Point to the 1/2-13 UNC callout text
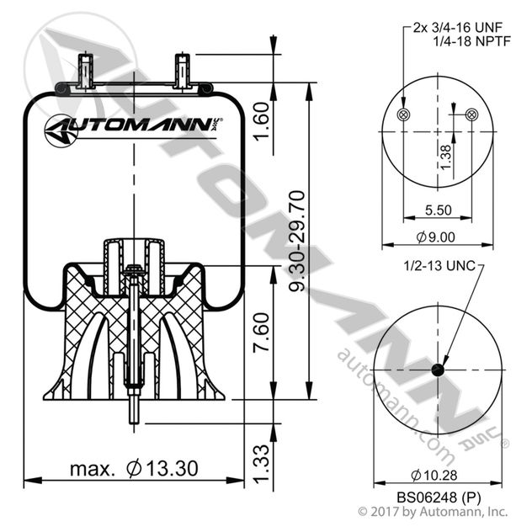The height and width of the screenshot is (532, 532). [x=438, y=266]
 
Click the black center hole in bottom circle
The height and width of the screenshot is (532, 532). [x=436, y=370]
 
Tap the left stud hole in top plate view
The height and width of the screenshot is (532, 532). [x=402, y=115]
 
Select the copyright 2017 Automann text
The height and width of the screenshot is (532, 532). [x=433, y=511]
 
